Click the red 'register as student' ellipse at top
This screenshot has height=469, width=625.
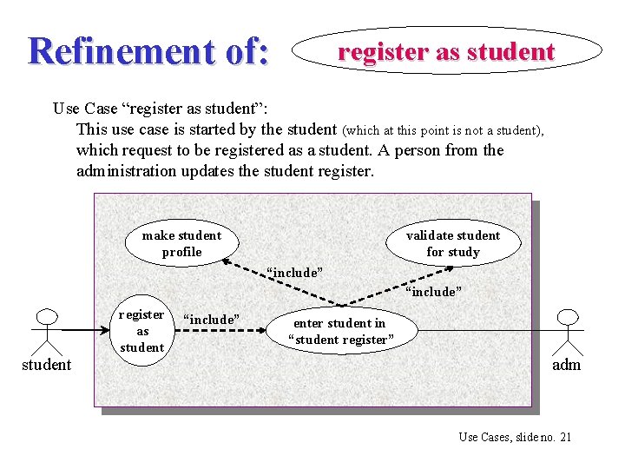tap(446, 52)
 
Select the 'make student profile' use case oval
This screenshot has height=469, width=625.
tap(181, 244)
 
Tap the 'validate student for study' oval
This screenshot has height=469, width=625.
tap(452, 244)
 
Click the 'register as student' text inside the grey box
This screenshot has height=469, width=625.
tap(142, 331)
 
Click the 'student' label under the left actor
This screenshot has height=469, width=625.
tap(46, 365)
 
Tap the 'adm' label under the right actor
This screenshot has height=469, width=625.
tap(567, 365)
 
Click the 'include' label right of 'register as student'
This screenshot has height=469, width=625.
tap(213, 320)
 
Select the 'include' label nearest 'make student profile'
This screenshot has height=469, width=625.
tap(294, 273)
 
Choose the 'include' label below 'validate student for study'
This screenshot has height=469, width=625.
tap(433, 292)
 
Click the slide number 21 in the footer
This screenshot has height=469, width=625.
tap(565, 437)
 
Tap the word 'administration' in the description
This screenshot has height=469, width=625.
tap(122, 171)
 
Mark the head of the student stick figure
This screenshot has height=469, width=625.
tap(46, 315)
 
